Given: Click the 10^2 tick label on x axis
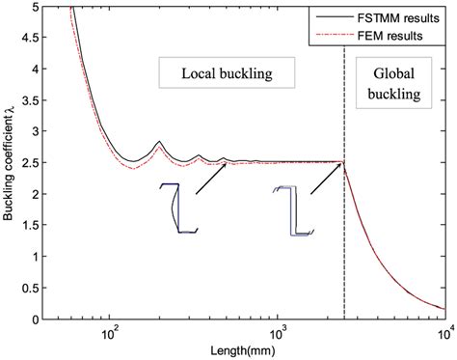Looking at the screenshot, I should click(x=108, y=333).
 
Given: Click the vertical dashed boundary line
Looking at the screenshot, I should click(x=345, y=241).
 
